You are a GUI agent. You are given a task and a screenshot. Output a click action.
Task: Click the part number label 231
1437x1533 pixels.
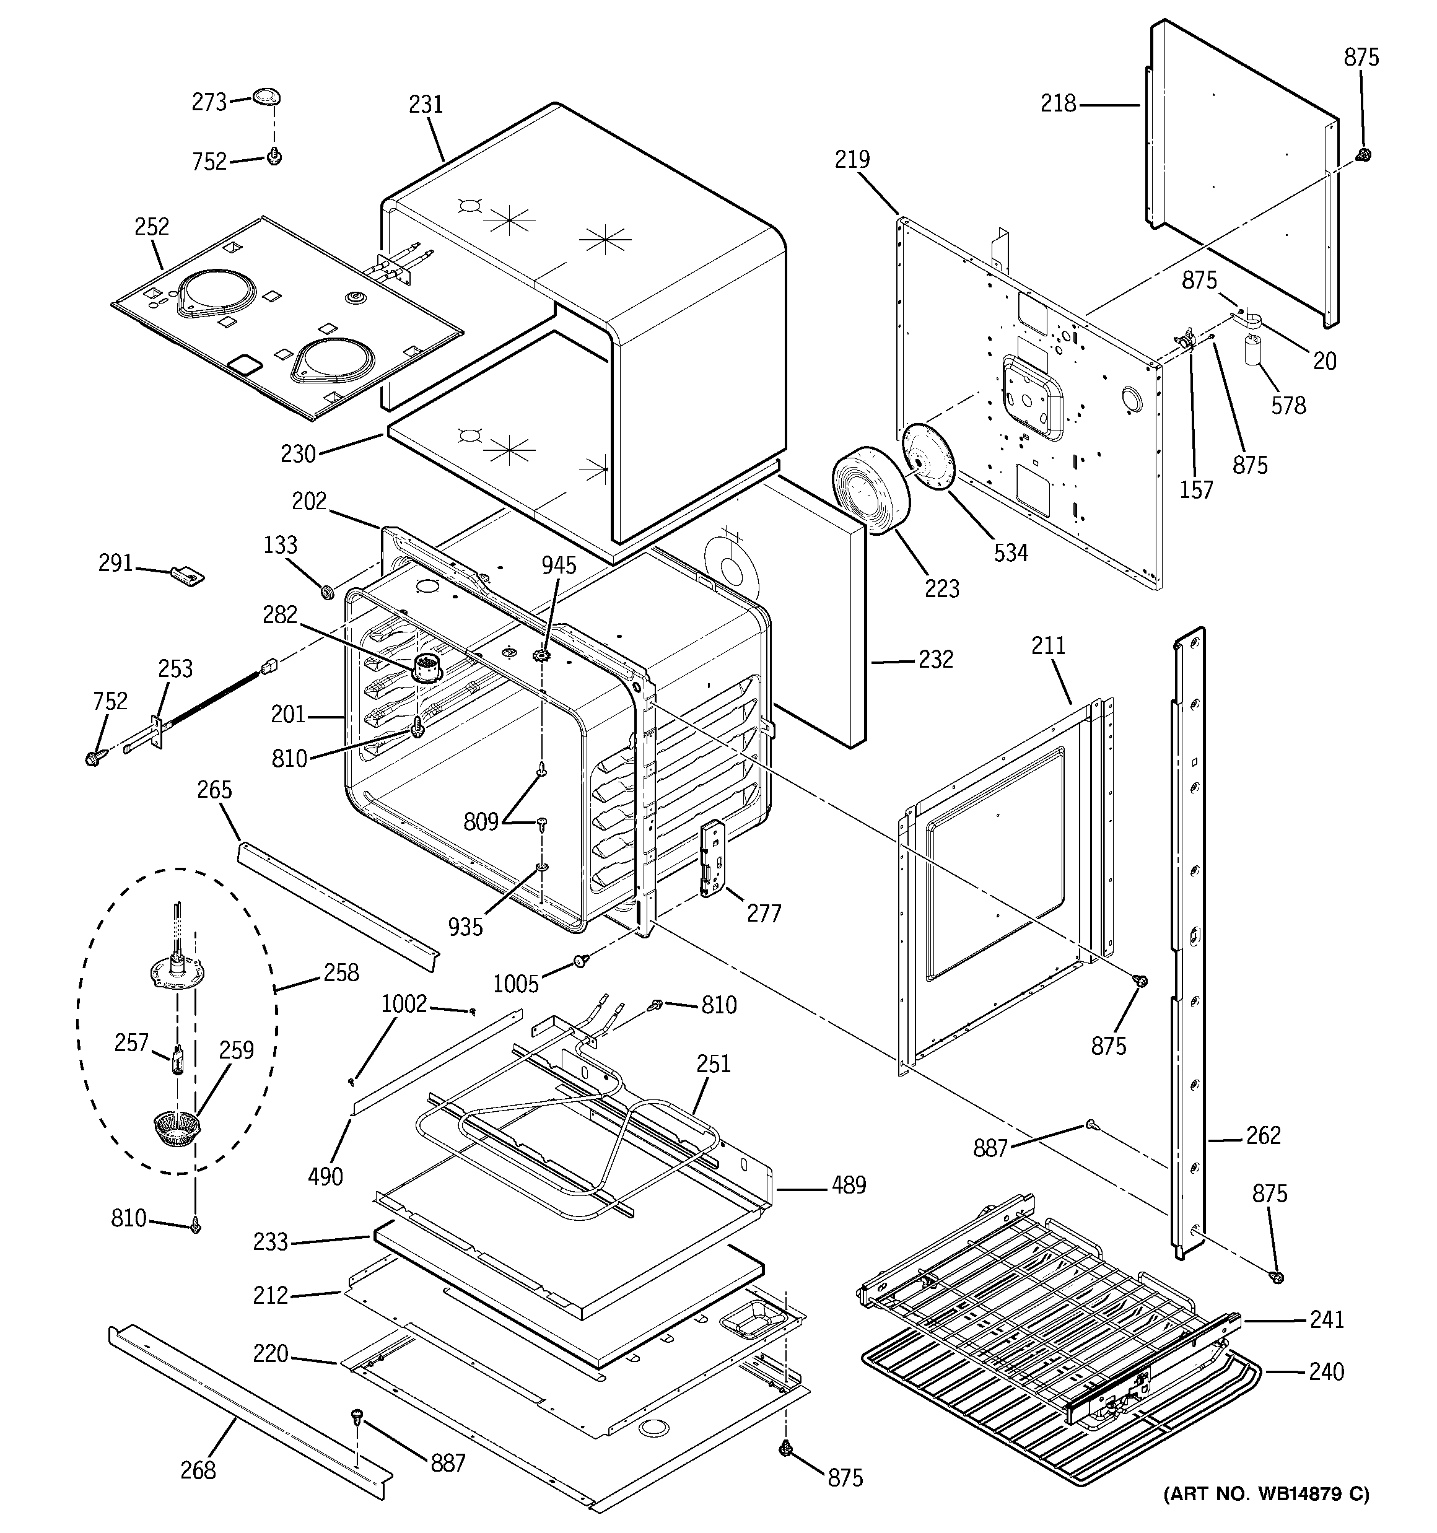coord(426,104)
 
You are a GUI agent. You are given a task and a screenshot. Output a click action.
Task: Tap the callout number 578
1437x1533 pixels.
coord(1288,406)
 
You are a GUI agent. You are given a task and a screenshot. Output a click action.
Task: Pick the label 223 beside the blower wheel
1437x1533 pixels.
coord(942,589)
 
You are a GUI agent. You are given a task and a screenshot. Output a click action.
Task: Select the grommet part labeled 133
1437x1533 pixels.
coord(326,592)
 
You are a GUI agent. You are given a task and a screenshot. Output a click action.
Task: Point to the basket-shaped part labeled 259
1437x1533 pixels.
coord(178,1130)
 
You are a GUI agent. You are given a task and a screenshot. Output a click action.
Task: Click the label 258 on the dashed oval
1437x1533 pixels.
coord(341,972)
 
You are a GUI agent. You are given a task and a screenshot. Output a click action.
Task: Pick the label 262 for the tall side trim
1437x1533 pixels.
coord(1263,1135)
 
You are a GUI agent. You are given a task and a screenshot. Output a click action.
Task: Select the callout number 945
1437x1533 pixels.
coord(559,566)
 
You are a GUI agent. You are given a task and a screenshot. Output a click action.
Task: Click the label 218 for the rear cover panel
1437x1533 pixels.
coord(1057,103)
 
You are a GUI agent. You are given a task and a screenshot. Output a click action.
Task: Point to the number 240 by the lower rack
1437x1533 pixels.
coord(1326,1371)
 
